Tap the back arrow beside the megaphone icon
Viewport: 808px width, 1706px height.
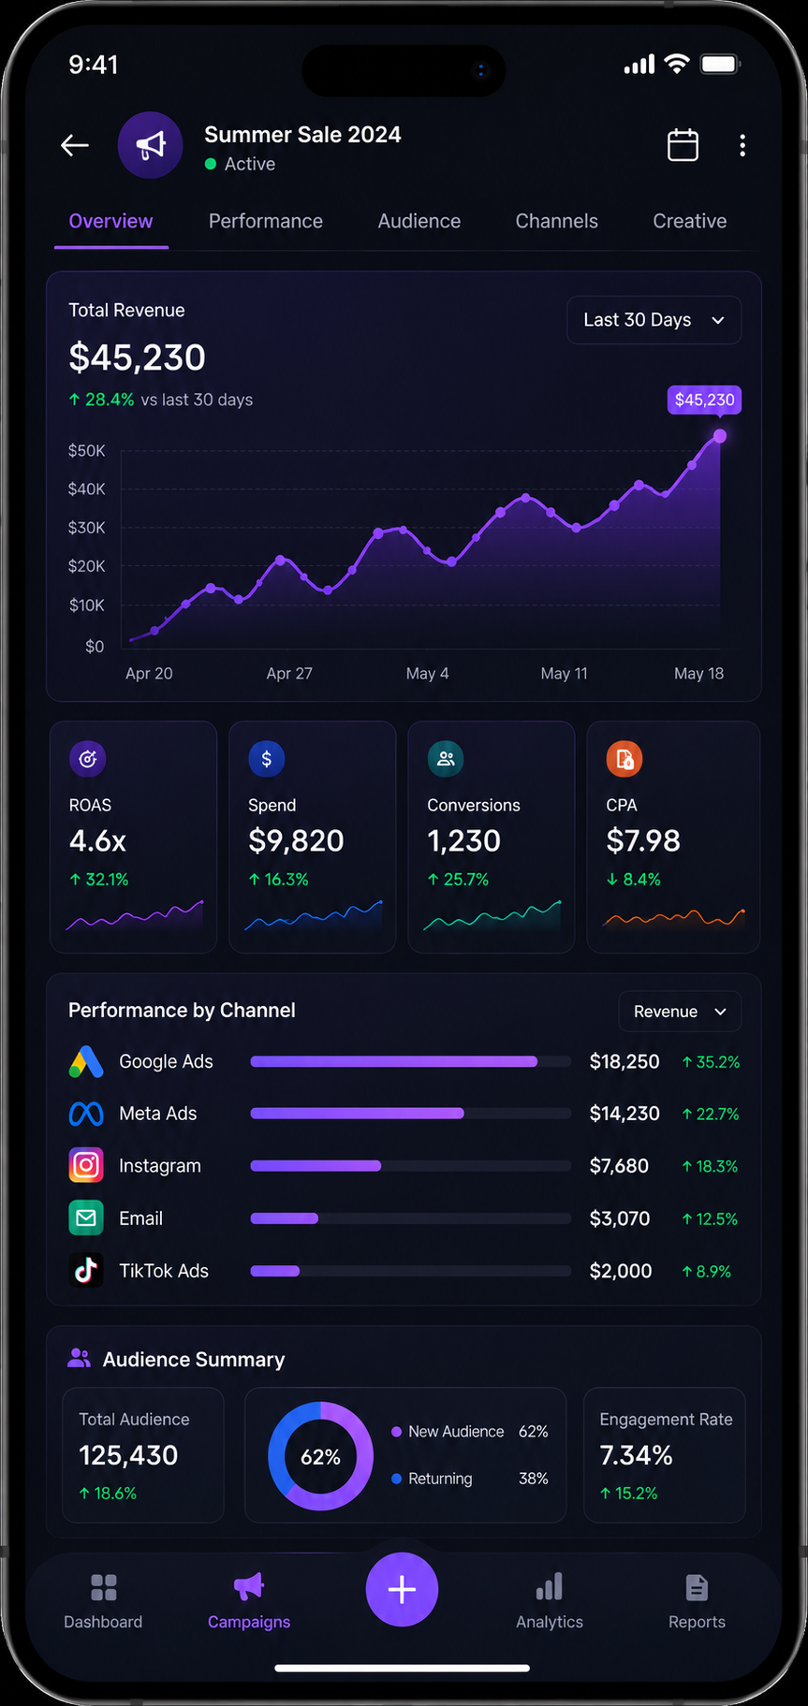pos(75,145)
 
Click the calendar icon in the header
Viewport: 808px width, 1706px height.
pos(683,145)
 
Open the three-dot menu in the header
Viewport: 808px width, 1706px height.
pos(742,145)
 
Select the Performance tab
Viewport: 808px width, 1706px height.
pos(266,221)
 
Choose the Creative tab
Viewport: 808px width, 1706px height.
pos(690,221)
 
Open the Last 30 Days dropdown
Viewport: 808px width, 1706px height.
pos(654,320)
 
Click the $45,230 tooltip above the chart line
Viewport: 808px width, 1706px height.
pos(704,400)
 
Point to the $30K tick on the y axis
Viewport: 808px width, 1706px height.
pos(87,528)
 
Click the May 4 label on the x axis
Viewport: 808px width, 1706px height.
pos(427,674)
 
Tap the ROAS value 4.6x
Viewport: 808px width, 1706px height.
pos(97,841)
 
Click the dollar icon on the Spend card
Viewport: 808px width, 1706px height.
pos(267,759)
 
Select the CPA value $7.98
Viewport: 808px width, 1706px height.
pos(643,841)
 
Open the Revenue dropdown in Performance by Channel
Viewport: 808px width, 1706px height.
pos(680,1012)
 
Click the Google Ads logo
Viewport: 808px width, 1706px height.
pos(86,1062)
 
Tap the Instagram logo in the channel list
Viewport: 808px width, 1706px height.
pos(86,1165)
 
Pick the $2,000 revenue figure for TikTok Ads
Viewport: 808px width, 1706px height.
pos(621,1271)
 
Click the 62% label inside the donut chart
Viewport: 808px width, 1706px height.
pos(320,1457)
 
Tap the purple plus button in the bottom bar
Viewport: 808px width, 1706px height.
pos(402,1589)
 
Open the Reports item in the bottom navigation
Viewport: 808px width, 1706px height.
pos(697,1601)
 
